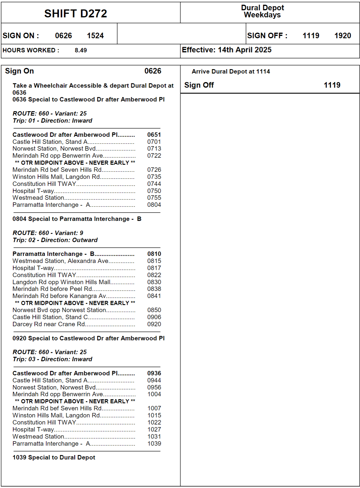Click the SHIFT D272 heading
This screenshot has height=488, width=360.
click(76, 14)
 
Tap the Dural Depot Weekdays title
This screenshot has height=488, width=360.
click(262, 11)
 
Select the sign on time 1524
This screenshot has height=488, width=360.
click(95, 36)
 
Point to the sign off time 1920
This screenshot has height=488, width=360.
click(342, 36)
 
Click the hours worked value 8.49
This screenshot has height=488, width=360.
click(81, 50)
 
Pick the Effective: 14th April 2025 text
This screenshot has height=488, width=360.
click(226, 50)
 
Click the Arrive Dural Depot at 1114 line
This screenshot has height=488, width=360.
click(230, 71)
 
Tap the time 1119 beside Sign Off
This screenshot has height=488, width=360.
click(332, 85)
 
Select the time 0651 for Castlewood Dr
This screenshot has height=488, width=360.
click(154, 135)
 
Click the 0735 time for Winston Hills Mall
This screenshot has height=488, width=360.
click(154, 177)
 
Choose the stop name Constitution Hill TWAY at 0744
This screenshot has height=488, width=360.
click(44, 184)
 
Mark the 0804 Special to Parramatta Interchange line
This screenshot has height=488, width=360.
click(77, 219)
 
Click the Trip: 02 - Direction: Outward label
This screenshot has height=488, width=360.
click(55, 240)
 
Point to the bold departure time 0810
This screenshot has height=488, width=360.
click(154, 254)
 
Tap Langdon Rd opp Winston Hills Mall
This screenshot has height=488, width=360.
click(61, 282)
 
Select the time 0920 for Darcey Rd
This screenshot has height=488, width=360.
click(154, 324)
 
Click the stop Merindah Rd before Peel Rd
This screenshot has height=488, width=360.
click(52, 289)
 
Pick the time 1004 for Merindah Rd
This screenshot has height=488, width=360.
click(154, 394)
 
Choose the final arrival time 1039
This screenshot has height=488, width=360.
click(154, 444)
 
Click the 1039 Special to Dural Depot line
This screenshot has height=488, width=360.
click(54, 457)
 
